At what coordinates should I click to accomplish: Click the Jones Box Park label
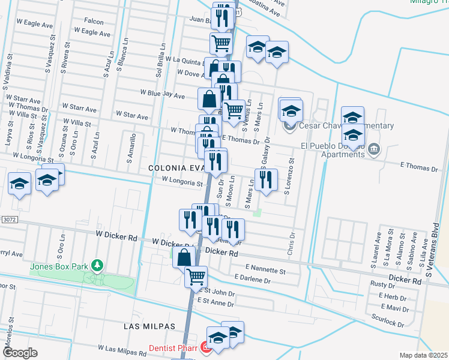coord(58,265)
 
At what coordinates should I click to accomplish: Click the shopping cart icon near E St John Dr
coord(196,277)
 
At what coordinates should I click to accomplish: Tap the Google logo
coord(20,353)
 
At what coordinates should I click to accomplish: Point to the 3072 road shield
coord(8,220)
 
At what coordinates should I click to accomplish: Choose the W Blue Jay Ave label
coord(162,94)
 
